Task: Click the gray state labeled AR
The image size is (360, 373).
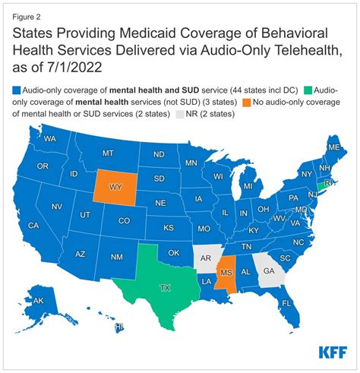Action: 204,258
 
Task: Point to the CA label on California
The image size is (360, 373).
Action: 33,226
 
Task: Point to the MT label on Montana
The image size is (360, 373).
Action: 107,152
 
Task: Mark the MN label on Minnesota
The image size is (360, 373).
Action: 191,163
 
